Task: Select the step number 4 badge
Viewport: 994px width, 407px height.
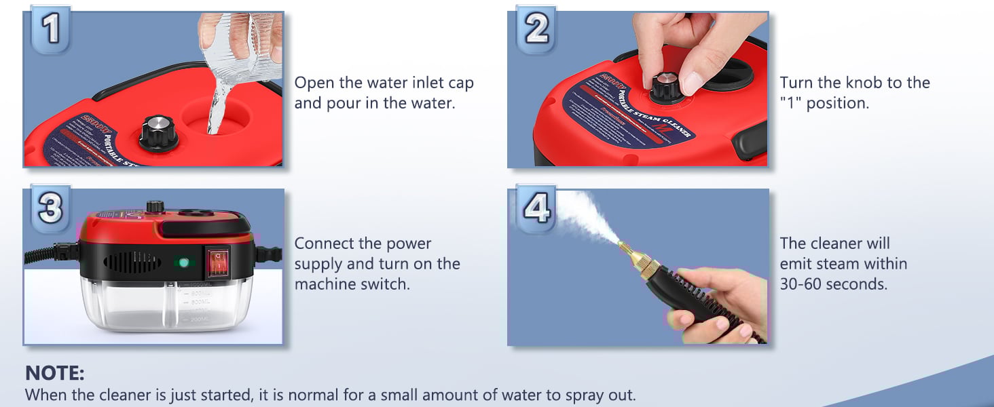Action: (536, 208)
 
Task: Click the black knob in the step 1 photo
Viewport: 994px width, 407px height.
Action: (158, 133)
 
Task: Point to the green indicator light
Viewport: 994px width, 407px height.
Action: (183, 262)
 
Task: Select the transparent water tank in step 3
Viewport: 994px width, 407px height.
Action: (166, 305)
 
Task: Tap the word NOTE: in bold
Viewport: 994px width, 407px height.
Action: (54, 373)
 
